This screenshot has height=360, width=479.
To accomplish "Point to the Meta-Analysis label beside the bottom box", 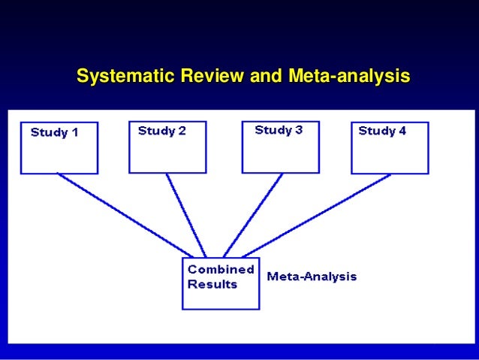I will pyautogui.click(x=312, y=277).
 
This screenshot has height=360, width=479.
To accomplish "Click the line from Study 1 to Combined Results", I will pyautogui.click(x=124, y=215).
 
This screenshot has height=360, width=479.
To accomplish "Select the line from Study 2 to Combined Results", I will pyautogui.click(x=186, y=215).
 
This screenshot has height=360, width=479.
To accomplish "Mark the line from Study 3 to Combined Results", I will pyautogui.click(x=254, y=215).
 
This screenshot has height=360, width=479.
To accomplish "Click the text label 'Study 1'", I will pyautogui.click(x=54, y=133).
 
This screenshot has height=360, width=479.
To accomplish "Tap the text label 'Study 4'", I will pyautogui.click(x=382, y=131).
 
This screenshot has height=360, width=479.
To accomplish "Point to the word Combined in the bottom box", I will pyautogui.click(x=220, y=269).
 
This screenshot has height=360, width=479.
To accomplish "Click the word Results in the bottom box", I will pyautogui.click(x=212, y=284).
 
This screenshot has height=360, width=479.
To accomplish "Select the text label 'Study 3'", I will pyautogui.click(x=279, y=130).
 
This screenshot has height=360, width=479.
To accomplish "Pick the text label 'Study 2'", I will pyautogui.click(x=161, y=131).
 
